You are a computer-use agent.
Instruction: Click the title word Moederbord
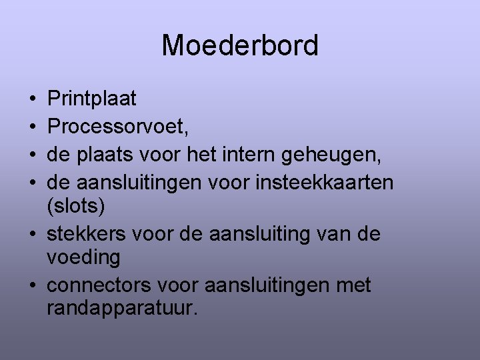240,46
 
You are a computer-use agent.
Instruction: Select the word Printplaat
92,99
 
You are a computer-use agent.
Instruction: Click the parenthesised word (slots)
76,207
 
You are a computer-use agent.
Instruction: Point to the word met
354,286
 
